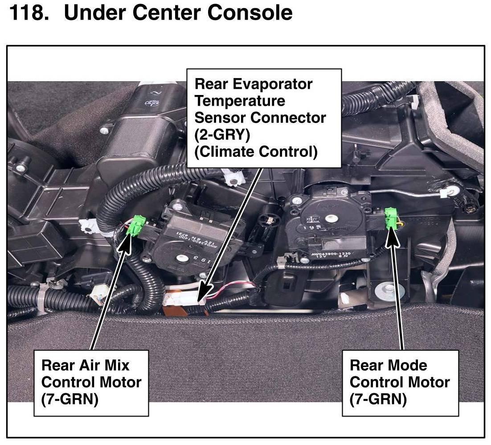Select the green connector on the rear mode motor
pos(391,218)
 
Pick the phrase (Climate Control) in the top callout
pos(256,152)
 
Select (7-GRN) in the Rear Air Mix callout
pos(69,400)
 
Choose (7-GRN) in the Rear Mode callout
pos(378,400)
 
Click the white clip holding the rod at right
pos(446,193)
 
